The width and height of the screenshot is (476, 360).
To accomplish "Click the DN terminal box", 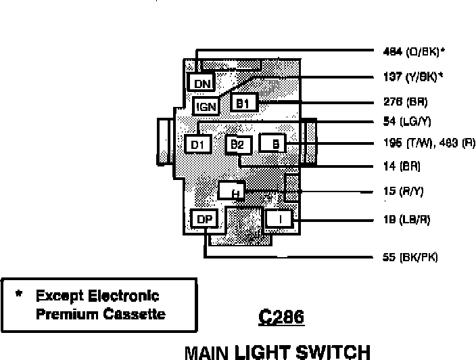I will [x=201, y=83].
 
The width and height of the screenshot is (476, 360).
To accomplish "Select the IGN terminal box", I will [x=206, y=106].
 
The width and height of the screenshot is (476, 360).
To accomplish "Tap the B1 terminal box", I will [x=243, y=103].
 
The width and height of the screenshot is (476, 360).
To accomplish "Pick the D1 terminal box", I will [x=197, y=144].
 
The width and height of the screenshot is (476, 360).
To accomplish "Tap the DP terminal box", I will [x=204, y=219].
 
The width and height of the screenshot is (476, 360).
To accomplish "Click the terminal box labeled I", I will [x=279, y=219].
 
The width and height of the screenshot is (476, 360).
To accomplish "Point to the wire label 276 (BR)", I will [x=405, y=102].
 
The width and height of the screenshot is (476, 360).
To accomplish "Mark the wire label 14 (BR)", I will [x=402, y=166].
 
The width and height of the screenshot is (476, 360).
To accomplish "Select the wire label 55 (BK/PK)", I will [x=410, y=257].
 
